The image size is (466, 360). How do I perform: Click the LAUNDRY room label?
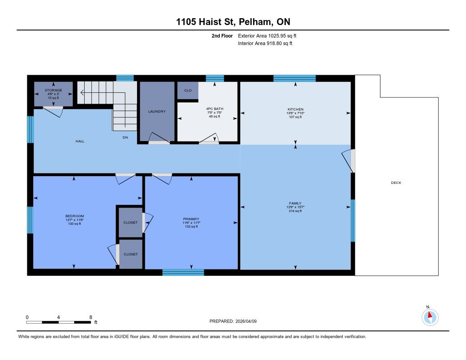tap(157, 112)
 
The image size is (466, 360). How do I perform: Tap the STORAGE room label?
tap(54, 90)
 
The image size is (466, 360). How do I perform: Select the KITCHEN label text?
tap(295, 109)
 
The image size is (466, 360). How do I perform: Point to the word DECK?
tap(396, 183)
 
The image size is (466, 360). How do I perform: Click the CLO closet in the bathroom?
tap(188, 91)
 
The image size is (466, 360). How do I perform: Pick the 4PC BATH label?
tap(215, 109)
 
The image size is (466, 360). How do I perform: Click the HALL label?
tap(80, 141)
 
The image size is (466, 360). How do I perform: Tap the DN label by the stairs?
tap(126, 137)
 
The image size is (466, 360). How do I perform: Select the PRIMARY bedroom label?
tap(191, 219)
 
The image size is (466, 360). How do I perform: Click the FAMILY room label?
tap(295, 203)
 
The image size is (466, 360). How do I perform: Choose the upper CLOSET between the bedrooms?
tap(131, 223)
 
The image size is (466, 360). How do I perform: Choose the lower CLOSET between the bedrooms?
tap(131, 254)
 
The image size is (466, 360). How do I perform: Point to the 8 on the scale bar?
tap(91, 317)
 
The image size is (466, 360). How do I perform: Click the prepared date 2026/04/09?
tap(246, 321)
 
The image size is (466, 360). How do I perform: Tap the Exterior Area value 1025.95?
tap(277, 35)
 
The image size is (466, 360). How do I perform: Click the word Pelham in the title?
tap(255, 22)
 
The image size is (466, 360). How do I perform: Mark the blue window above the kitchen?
tap(294, 78)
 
